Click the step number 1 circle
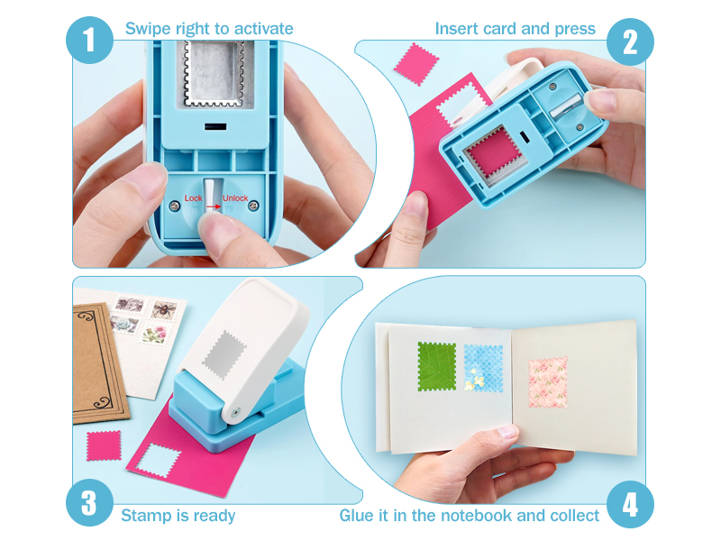(89, 40)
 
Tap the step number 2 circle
(630, 41)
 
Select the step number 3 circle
(89, 502)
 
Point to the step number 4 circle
(630, 504)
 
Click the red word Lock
(193, 197)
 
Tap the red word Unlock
(235, 197)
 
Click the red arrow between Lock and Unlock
(214, 207)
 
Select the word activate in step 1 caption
(263, 29)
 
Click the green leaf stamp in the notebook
(437, 367)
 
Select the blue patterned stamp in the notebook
(483, 368)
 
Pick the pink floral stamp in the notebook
(548, 382)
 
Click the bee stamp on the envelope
(163, 310)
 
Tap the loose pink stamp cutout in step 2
(416, 64)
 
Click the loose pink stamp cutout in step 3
(104, 445)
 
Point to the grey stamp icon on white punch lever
(224, 354)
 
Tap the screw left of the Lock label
(175, 206)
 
